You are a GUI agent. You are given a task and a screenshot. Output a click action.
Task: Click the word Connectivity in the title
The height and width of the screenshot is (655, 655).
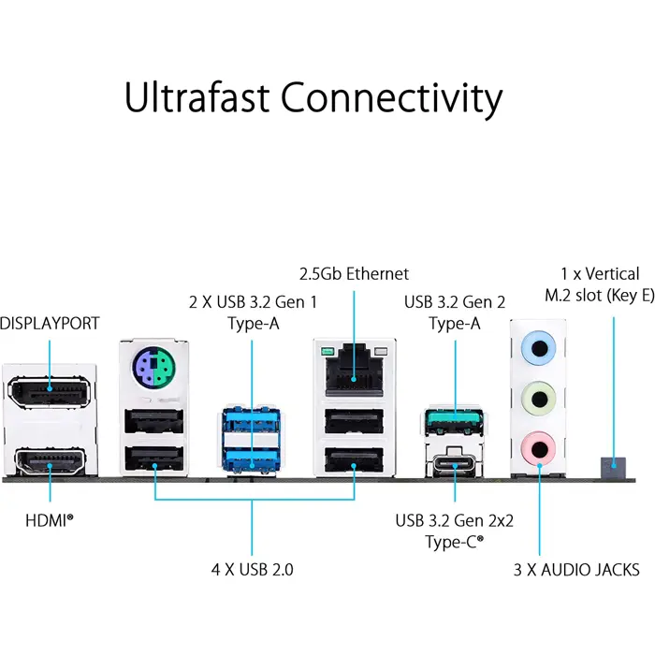coord(391,97)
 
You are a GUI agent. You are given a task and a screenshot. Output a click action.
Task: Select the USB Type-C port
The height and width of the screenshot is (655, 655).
coord(455,464)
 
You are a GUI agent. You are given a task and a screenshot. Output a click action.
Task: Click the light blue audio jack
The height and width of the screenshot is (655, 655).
coord(539,349)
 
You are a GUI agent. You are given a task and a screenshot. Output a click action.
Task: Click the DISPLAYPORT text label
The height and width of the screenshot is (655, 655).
coord(50,324)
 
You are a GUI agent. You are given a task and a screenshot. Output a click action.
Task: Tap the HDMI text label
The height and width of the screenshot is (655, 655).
coord(49,517)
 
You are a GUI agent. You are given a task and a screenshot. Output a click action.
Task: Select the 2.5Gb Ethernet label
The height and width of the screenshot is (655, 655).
coord(354,274)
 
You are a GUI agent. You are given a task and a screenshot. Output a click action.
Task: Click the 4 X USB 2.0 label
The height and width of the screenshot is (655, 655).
coord(253,568)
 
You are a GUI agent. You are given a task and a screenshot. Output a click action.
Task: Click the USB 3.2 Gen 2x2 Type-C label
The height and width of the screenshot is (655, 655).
coord(456,529)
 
